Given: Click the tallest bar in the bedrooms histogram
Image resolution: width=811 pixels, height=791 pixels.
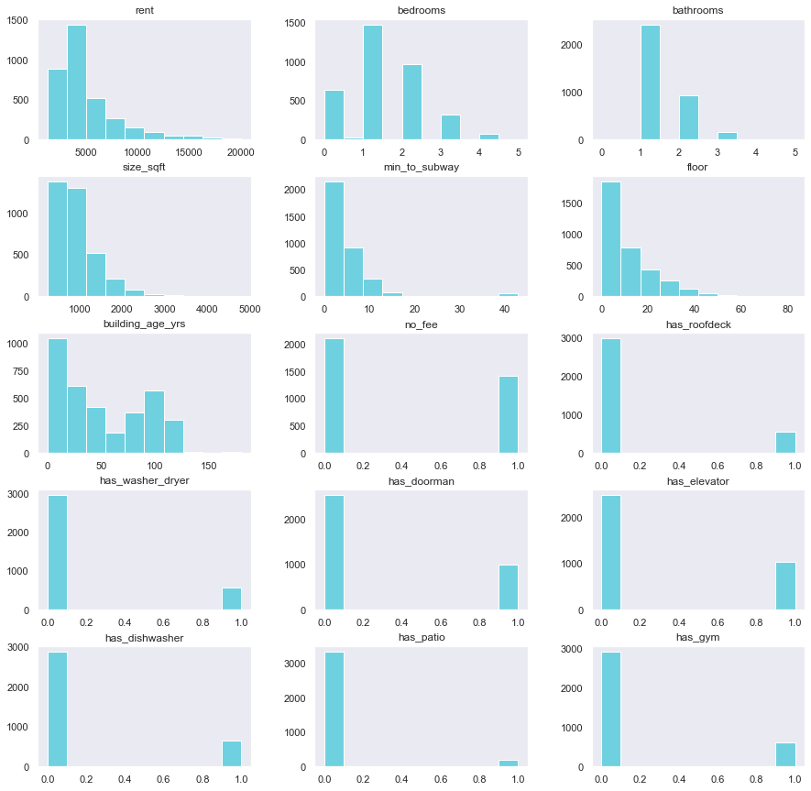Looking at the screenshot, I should pyautogui.click(x=373, y=82).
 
